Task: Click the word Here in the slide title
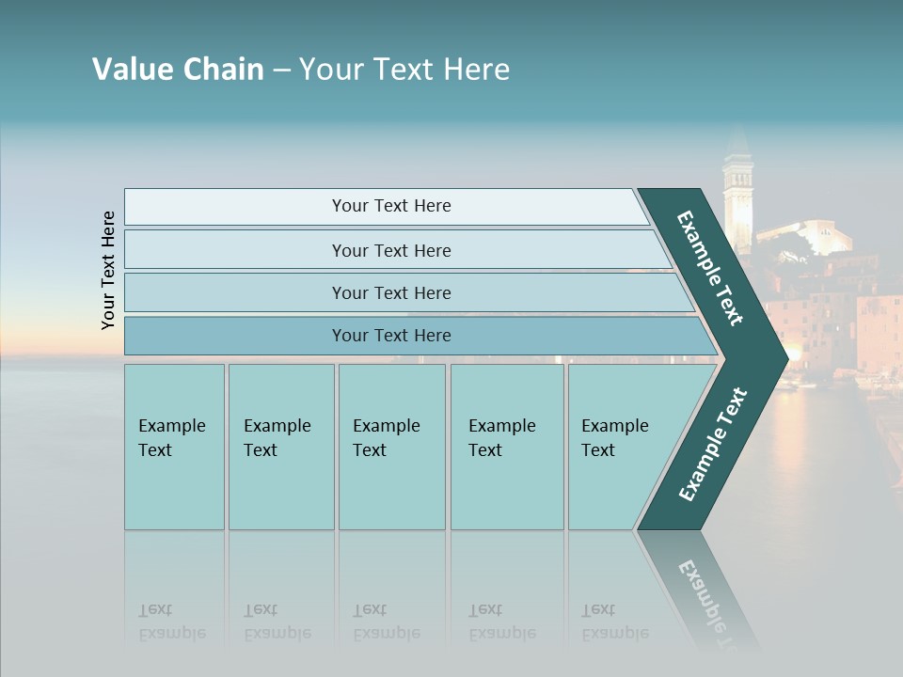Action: (x=477, y=70)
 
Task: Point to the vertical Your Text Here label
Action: (x=108, y=270)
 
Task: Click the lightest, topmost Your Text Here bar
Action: (x=390, y=206)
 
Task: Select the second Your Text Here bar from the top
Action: (x=390, y=250)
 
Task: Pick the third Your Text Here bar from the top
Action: (x=390, y=292)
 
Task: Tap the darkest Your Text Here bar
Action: (x=390, y=336)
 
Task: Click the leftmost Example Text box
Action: (x=174, y=447)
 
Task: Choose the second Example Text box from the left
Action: (x=280, y=447)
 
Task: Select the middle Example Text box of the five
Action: (x=391, y=447)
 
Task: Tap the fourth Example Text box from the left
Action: (x=506, y=447)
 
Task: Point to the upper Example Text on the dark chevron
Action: (x=710, y=268)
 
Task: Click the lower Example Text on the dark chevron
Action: (x=712, y=445)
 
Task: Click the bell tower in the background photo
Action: (x=737, y=197)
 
